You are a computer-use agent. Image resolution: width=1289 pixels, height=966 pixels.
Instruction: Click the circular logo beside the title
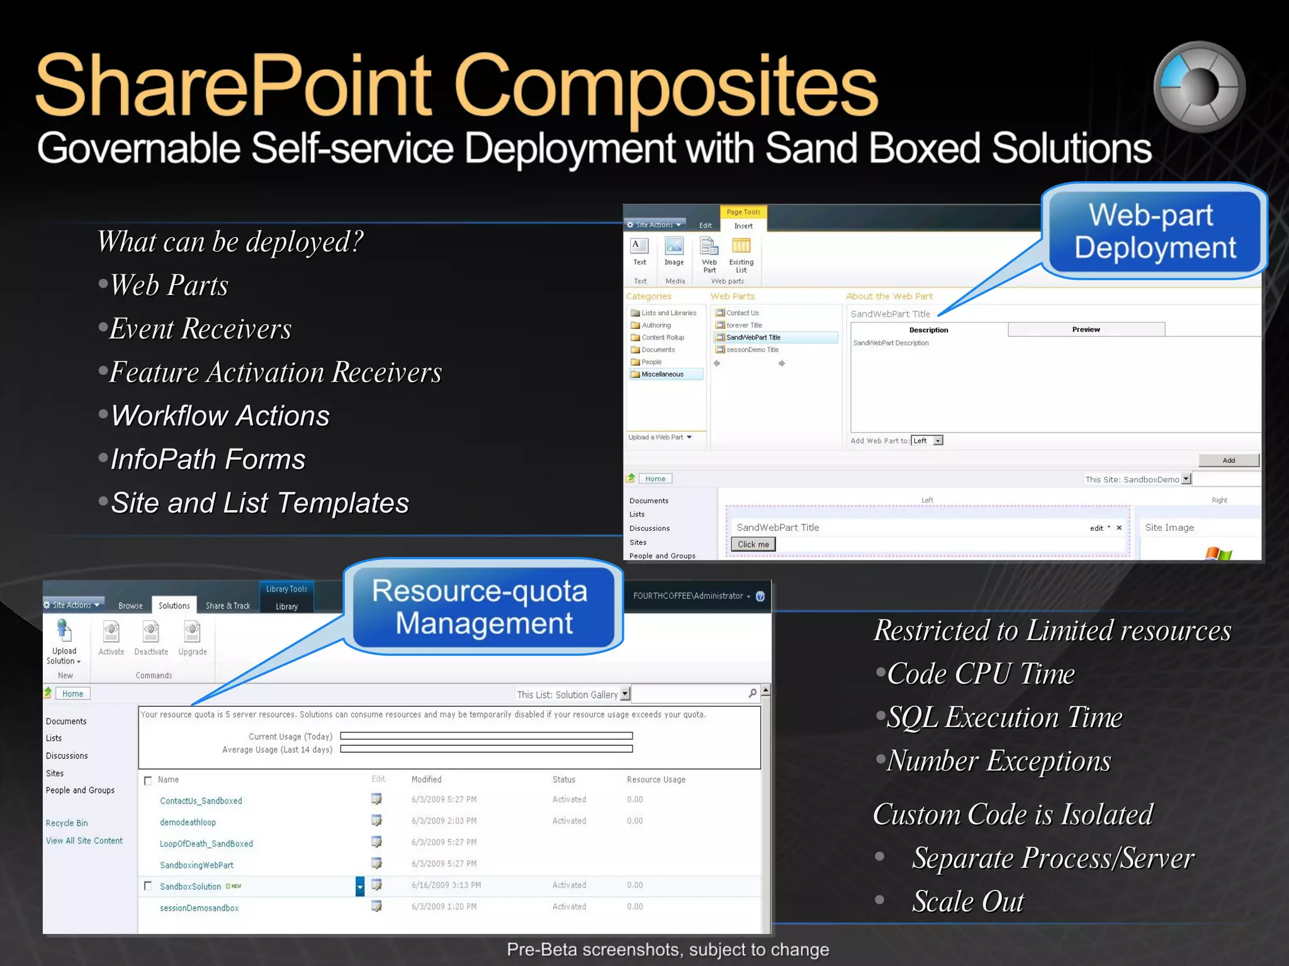coord(1199,87)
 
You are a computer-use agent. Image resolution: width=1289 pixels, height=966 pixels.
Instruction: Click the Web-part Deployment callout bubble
coord(1154,231)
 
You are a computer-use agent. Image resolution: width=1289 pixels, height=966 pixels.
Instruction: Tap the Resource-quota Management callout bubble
coord(483,607)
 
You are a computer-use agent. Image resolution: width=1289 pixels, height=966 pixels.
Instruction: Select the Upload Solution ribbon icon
coord(64,632)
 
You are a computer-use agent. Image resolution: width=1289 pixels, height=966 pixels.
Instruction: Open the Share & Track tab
coord(228,606)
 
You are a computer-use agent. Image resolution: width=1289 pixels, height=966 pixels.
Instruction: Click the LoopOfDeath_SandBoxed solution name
coord(206,843)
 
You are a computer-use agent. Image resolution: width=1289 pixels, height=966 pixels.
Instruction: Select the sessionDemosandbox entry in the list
coord(200,908)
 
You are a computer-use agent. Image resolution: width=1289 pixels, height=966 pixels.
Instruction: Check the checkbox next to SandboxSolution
coord(148,885)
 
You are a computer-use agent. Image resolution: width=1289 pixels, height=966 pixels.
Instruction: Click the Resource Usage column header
coord(656,779)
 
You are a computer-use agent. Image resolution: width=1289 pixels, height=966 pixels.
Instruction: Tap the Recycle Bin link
coord(67,823)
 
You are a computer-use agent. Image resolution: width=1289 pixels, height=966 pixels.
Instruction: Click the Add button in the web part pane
coord(1228,460)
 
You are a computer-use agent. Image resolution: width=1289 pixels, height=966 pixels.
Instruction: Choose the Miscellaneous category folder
coord(662,374)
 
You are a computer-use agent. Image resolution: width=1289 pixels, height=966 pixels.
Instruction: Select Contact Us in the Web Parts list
coord(742,313)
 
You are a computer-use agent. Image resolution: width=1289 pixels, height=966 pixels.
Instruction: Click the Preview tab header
coord(1086,330)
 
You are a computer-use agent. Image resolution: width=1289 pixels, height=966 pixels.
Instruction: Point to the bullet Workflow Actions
coord(220,416)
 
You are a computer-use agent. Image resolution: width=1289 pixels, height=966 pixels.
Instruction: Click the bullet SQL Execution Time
coord(1004,717)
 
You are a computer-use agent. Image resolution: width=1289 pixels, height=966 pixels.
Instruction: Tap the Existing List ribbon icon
coord(741,255)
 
